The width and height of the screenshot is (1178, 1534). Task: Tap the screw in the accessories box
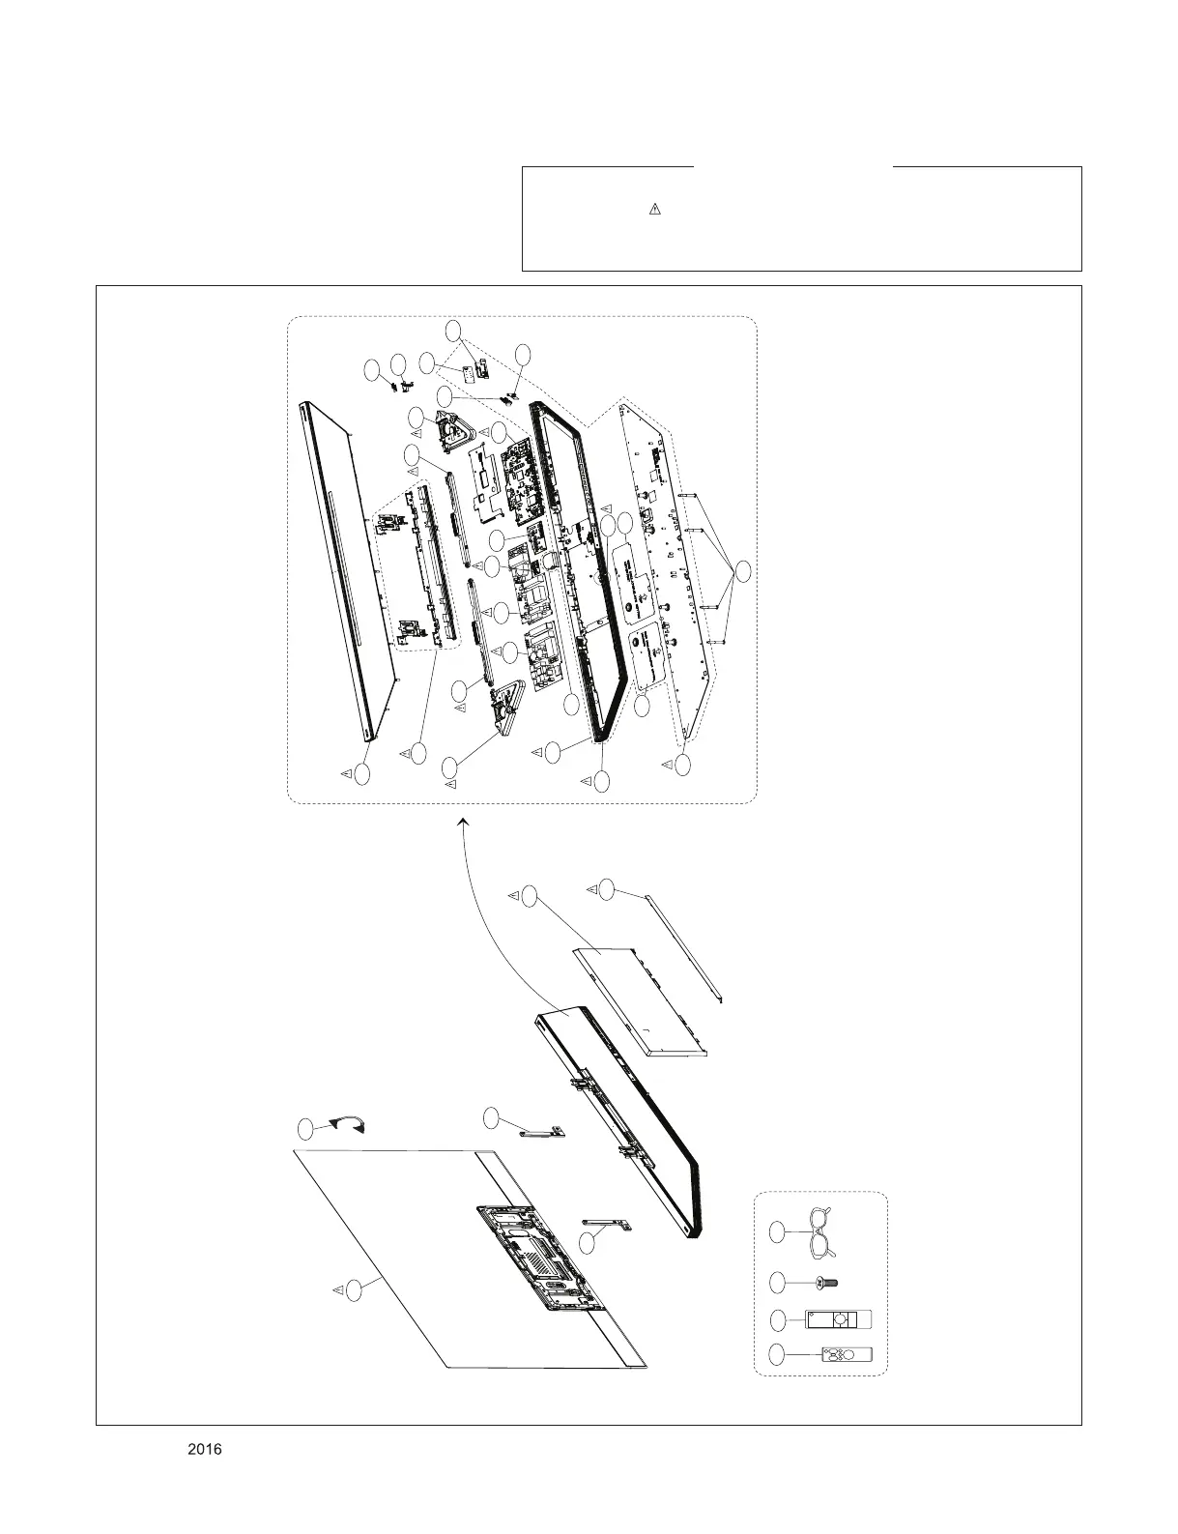coord(826,1283)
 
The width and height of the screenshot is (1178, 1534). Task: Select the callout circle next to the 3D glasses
coord(778,1232)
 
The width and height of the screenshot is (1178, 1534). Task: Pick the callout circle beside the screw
coord(778,1283)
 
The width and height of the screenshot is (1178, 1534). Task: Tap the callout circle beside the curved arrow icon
coord(306,1128)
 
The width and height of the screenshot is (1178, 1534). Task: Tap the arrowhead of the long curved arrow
coord(462,821)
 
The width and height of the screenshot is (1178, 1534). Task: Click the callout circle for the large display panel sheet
coord(357,1288)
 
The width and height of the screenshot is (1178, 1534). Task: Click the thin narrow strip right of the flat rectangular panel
coord(682,946)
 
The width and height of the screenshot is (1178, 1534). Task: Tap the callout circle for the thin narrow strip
coord(606,888)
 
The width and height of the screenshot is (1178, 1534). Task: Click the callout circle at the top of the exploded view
coord(453,330)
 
